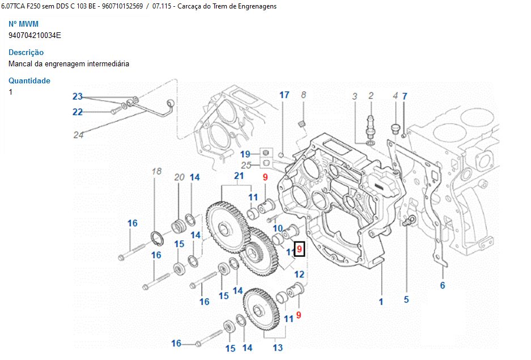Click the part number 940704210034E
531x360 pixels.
tap(35, 35)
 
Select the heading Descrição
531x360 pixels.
tap(26, 52)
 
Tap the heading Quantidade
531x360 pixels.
tap(29, 81)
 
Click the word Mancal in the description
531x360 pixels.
tap(20, 63)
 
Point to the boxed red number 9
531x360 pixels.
tap(300, 249)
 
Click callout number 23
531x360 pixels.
tap(78, 96)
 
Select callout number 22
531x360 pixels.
tap(78, 112)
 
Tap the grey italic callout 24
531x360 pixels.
tap(78, 134)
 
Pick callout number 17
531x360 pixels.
tap(284, 95)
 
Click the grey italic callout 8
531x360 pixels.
tap(303, 95)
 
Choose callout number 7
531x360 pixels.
tap(405, 96)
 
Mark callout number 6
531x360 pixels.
tap(443, 285)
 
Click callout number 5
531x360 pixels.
tap(406, 299)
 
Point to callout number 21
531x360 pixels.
tap(239, 176)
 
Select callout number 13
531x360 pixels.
tap(278, 347)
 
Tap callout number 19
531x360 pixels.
tap(245, 154)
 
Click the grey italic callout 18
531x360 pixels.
tap(157, 171)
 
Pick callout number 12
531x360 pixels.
tap(299, 274)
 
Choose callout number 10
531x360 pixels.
tap(278, 228)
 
